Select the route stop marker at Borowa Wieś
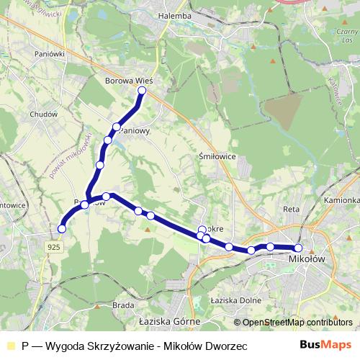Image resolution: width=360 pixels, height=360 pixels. click(x=142, y=91)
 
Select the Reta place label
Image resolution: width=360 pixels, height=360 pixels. click(x=291, y=209)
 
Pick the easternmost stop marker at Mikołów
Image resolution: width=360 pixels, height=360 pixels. click(x=299, y=248)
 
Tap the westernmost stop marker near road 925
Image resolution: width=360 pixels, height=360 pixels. click(x=62, y=229)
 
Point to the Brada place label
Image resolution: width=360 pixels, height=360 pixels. click(x=122, y=305)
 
